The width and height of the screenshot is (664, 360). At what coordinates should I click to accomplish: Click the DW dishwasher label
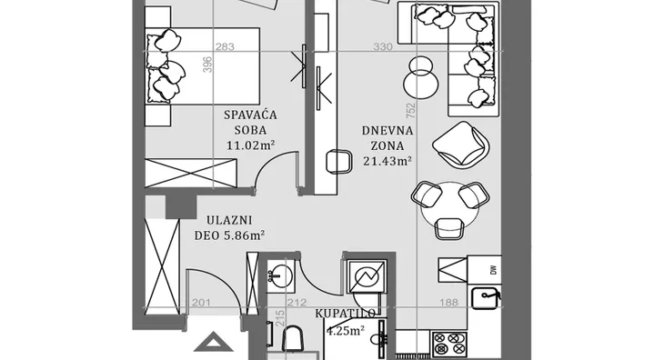point(494,270)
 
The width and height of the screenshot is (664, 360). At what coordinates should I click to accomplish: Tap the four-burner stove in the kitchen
point(448,344)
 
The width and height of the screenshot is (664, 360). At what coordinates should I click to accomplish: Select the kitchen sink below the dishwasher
point(486,298)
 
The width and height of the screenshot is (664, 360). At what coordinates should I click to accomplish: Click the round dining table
point(449,207)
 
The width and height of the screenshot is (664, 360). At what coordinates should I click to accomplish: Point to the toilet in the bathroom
point(293,339)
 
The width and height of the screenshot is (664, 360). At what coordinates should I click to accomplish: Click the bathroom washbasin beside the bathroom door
point(280,276)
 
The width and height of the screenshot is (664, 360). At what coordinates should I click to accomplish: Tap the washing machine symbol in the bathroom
point(367,276)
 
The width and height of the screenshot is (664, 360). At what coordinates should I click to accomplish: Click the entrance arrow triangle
point(214,342)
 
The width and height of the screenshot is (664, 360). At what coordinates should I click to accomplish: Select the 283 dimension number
point(225,46)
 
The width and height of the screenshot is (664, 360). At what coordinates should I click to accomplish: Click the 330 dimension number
point(383,46)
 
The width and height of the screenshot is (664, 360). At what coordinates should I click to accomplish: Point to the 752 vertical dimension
point(411,112)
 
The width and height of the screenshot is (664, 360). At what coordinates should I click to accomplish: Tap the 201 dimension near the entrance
point(202,303)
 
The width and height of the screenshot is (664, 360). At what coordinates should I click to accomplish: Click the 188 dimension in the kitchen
point(448,302)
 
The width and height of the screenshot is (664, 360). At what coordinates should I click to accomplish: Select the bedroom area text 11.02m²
point(251,145)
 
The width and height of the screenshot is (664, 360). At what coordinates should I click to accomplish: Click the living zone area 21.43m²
point(387,161)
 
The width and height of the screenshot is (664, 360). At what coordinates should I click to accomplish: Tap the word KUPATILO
point(345,314)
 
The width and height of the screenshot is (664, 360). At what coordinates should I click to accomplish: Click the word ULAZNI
point(229,220)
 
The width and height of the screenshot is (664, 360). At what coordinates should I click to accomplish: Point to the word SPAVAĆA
point(250,115)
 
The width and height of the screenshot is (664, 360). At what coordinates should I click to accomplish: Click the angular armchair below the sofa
point(461,145)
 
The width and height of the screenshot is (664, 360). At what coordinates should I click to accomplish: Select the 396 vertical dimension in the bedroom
point(207,65)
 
